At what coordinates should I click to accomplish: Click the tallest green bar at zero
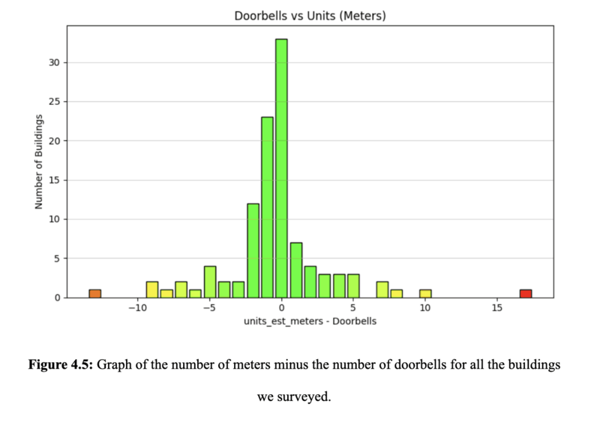(x=281, y=168)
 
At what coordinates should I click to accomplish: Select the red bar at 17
(x=526, y=293)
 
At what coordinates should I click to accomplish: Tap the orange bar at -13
(x=94, y=293)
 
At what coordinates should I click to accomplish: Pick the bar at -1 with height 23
(x=267, y=207)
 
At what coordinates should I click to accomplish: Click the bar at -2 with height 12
(x=253, y=250)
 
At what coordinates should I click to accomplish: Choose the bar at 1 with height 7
(x=295, y=270)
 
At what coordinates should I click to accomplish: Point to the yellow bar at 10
(x=425, y=293)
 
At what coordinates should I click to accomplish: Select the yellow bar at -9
(x=152, y=289)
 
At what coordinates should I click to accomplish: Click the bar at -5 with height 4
(x=210, y=282)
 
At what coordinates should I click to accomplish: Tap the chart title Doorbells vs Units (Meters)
(x=310, y=15)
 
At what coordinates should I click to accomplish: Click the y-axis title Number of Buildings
(x=38, y=161)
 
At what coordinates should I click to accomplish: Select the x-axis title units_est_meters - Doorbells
(x=310, y=322)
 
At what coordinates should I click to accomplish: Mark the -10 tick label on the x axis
(x=137, y=308)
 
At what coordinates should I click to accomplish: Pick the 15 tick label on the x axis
(x=496, y=308)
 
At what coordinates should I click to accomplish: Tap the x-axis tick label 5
(x=353, y=308)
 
